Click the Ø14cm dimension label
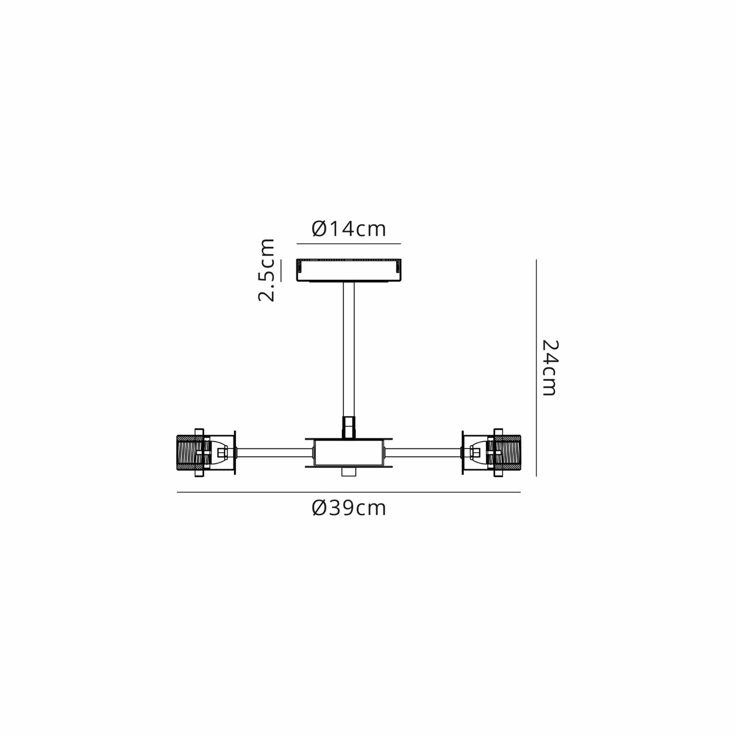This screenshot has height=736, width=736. click(x=349, y=229)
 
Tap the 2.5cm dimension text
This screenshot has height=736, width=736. click(x=267, y=270)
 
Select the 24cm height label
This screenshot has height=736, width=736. click(x=550, y=368)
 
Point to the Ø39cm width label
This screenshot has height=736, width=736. click(x=349, y=508)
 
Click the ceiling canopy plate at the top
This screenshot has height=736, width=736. click(x=349, y=270)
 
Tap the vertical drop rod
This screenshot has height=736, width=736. click(x=349, y=349)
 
